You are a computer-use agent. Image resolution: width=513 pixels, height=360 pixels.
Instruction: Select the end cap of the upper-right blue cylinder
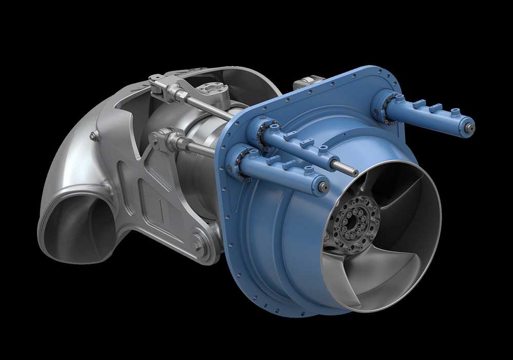point(468,126)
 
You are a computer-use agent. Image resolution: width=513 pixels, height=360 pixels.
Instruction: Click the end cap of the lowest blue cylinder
point(323,187)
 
